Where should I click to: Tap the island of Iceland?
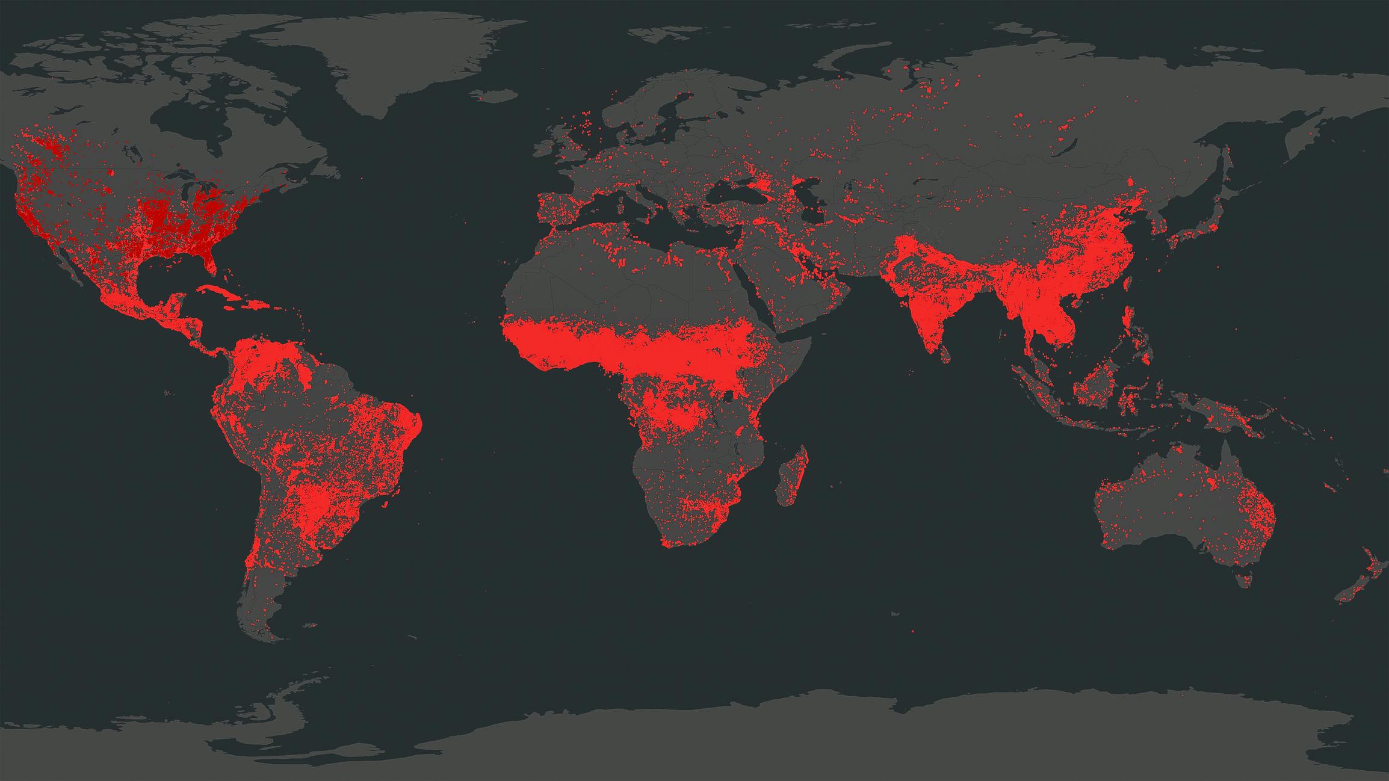[495, 95]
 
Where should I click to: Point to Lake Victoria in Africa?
[731, 395]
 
